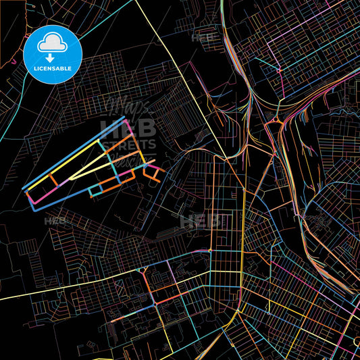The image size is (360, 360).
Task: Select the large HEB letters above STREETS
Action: pyautogui.click(x=128, y=128)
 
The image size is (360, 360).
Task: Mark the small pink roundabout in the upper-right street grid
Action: pyautogui.click(x=278, y=70)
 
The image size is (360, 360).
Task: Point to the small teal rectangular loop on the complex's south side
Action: pyautogui.click(x=97, y=191)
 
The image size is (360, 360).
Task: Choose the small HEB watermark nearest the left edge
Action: pyautogui.click(x=55, y=221)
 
